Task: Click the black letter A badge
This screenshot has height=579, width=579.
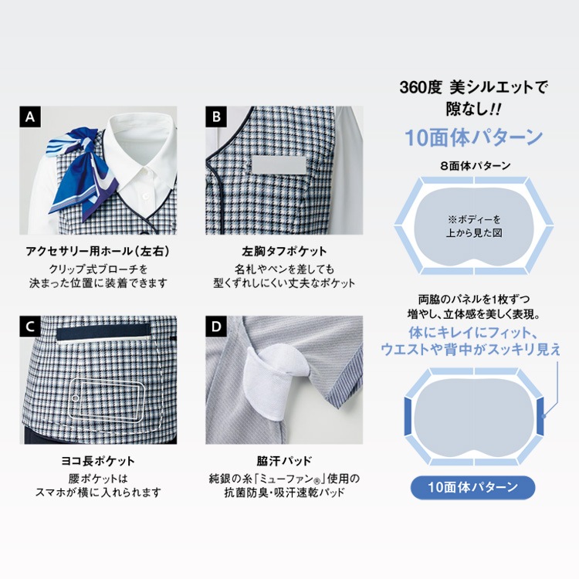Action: click(30, 117)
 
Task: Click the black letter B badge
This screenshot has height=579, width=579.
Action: click(216, 117)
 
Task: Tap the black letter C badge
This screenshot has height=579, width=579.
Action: click(30, 327)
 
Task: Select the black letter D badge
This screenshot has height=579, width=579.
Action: click(216, 327)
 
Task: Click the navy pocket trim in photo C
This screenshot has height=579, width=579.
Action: click(103, 331)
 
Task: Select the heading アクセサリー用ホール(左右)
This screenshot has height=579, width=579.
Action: click(98, 252)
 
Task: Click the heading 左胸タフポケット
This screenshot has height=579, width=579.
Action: click(284, 252)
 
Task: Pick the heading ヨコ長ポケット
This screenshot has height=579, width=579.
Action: click(98, 461)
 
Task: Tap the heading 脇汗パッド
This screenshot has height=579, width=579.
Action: click(284, 461)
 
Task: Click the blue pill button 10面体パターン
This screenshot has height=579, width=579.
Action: click(473, 487)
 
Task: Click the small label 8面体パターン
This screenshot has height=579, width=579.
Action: click(476, 166)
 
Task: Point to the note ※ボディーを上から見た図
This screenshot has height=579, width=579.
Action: click(474, 226)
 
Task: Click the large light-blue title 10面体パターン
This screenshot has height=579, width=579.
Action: click(474, 137)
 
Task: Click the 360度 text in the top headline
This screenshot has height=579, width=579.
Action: click(421, 87)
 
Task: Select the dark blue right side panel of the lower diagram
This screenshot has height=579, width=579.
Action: click(540, 416)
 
